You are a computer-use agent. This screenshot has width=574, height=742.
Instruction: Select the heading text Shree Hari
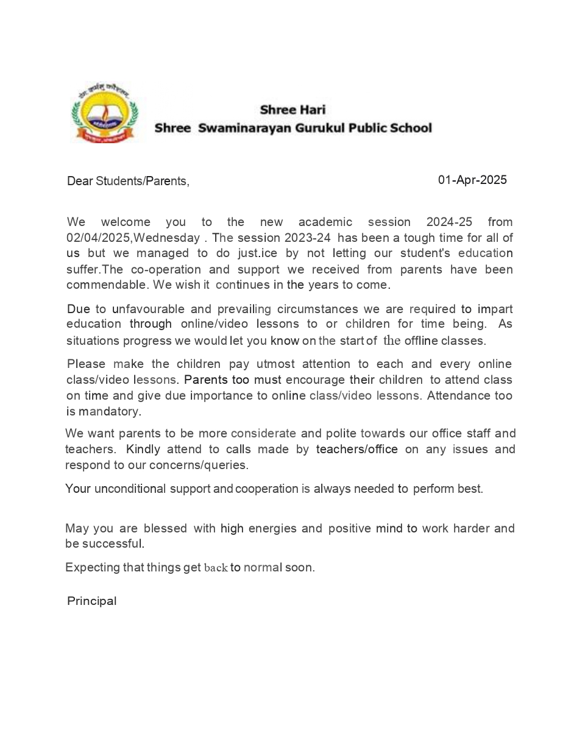pos(292,110)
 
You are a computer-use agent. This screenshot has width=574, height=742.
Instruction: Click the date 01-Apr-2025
pos(472,180)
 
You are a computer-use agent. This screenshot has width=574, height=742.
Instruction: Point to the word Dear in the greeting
pos(80,181)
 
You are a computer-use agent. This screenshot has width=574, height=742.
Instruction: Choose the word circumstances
pos(326,308)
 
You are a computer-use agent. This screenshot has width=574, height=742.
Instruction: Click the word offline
pos(421,341)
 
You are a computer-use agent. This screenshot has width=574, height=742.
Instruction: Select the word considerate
pos(263,434)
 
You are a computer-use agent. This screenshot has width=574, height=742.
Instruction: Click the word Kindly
pos(143,450)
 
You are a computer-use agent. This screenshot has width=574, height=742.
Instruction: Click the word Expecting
pos(93,568)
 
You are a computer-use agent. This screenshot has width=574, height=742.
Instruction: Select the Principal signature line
pos(91,601)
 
